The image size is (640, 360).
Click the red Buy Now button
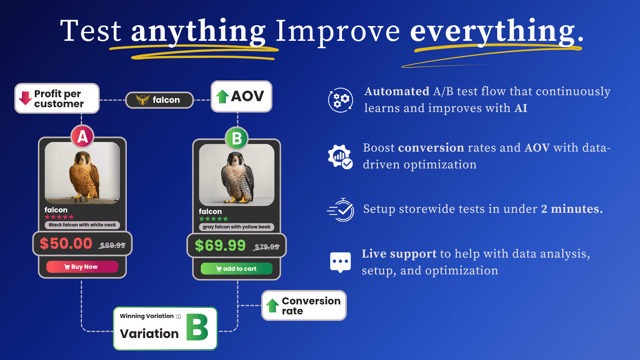82,267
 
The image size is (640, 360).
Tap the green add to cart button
236,269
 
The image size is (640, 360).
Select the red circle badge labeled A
82,137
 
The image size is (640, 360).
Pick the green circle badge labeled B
237,138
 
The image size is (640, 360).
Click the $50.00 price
66,243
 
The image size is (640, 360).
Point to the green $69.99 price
220,245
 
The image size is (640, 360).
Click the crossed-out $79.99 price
267,247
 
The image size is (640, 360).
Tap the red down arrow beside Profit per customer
25,98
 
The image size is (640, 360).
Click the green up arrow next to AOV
222,96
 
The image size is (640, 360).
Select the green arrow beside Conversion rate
272,306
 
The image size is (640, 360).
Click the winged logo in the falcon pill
142,100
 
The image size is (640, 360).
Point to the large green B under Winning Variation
198,328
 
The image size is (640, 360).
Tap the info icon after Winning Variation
178,316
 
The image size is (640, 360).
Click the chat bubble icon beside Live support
340,262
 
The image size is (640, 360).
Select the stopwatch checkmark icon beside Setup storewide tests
341,210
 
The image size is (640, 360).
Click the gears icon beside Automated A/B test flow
340,100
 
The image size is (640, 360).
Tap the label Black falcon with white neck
82,225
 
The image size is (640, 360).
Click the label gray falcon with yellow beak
236,227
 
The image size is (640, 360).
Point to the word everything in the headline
492,31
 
